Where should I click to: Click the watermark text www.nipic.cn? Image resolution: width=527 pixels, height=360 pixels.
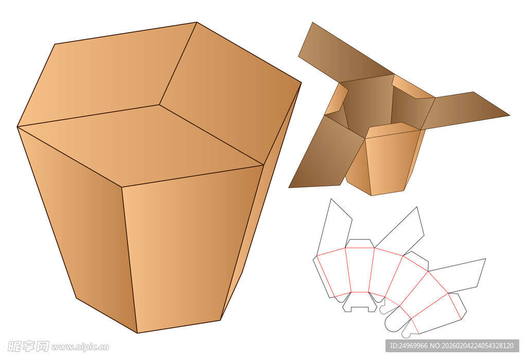tap(80, 347)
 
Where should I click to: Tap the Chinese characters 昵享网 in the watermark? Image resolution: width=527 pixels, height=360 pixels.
tap(28, 346)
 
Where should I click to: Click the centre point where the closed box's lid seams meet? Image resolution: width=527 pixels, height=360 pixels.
tap(160, 105)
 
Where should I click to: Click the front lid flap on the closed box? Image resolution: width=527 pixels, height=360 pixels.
tap(141, 145)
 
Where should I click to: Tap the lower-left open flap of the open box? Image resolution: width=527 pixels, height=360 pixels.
tap(323, 155)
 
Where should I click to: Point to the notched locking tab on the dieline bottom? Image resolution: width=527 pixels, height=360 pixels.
tap(360, 302)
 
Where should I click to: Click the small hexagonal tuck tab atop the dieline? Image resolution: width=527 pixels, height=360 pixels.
tap(360, 244)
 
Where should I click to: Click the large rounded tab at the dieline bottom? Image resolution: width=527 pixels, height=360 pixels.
tap(397, 320)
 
